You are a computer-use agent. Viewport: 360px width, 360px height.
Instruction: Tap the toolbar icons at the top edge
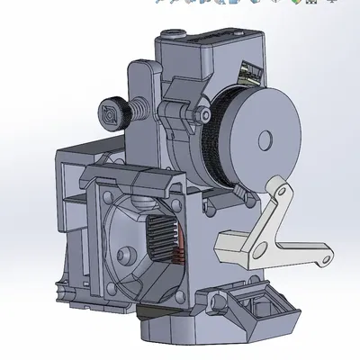(243, 3)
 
